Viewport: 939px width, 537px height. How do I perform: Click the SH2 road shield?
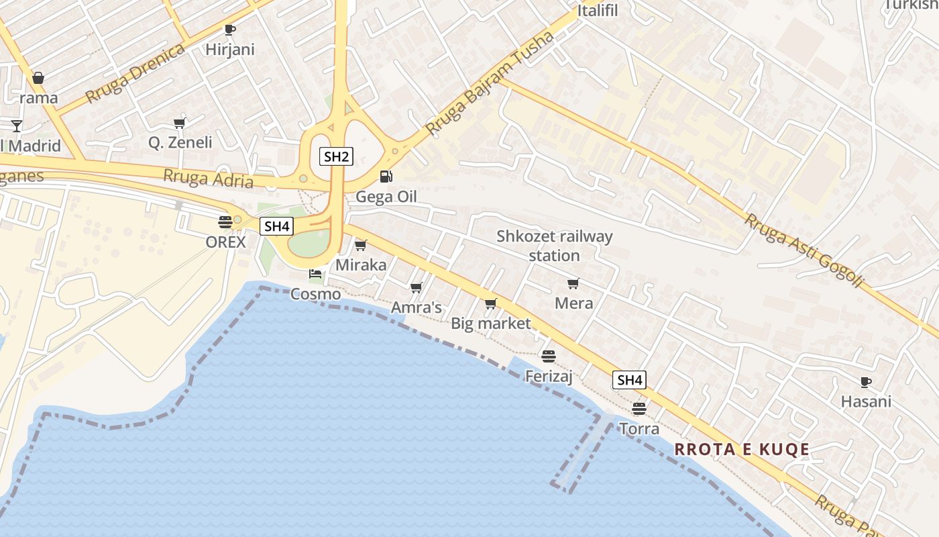[x=336, y=157]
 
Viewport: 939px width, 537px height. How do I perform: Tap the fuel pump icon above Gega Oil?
[x=386, y=177]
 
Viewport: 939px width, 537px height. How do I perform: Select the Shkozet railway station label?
[x=554, y=246]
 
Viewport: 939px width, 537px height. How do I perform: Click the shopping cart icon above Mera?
[x=573, y=284]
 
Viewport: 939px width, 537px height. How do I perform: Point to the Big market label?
[x=490, y=324]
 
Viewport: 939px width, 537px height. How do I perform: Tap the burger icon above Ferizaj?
[x=549, y=356]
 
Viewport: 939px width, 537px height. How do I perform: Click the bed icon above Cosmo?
[x=315, y=273]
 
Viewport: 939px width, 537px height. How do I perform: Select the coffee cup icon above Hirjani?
[x=229, y=30]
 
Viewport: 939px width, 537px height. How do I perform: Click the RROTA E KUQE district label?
[x=742, y=450]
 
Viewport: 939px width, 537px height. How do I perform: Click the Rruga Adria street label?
[x=209, y=179]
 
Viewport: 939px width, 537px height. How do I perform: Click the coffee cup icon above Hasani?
[x=866, y=383]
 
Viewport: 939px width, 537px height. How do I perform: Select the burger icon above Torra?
[x=639, y=408]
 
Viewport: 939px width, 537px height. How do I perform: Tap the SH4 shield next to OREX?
[x=277, y=226]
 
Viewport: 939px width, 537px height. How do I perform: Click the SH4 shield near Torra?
[x=630, y=381]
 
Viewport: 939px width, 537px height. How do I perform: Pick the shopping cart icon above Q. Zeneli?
[x=179, y=123]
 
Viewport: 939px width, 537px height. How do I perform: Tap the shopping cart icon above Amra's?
[x=416, y=288]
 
